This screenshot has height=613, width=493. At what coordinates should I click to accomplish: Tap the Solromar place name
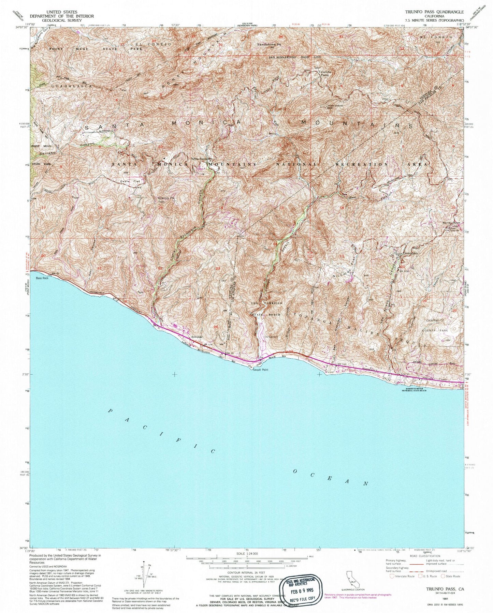[x=197, y=337]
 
